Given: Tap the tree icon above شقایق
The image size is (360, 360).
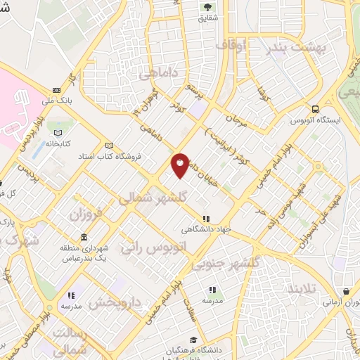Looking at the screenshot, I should point(208,8).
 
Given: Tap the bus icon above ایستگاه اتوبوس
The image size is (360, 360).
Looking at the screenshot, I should point(316,110).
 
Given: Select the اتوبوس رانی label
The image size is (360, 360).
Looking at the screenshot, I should point(151,247).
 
